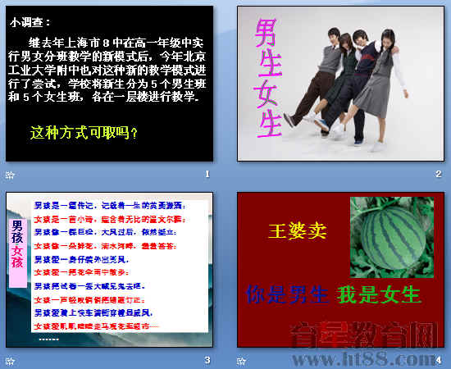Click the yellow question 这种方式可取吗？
pos(84,131)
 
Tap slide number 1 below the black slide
pos(207,174)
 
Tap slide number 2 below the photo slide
pos(439,174)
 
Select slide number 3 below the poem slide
pos(207,360)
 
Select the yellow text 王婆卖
pos(298,230)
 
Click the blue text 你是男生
pos(287,294)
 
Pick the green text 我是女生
pos(379,294)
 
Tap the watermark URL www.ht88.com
pos(385,358)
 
